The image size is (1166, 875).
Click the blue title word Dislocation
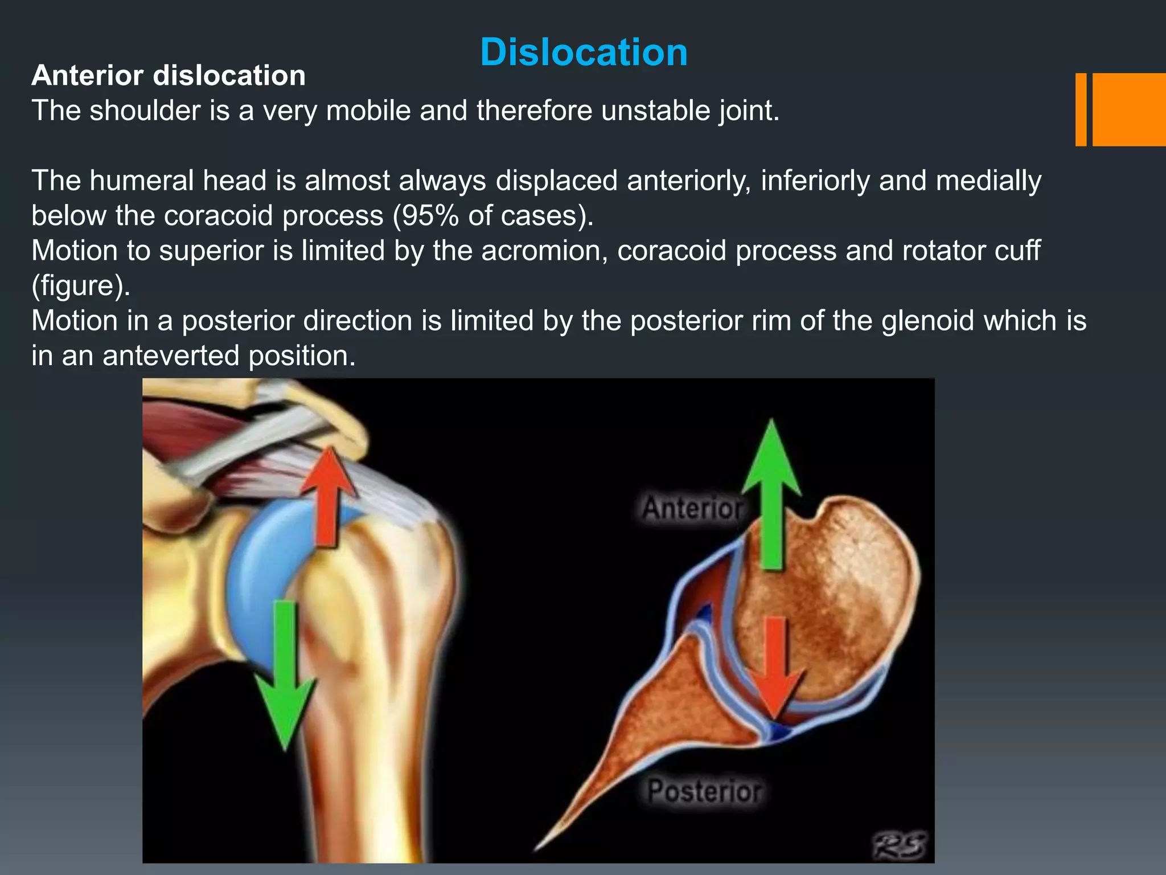tap(584, 52)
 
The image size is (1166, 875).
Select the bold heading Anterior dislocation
tap(169, 76)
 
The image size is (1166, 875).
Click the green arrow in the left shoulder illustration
tap(285, 672)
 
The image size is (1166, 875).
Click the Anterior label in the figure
tap(692, 508)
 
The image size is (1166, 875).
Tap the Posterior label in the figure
tap(704, 792)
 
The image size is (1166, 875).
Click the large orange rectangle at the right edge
tap(1129, 109)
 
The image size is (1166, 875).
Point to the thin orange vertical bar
tap(1081, 109)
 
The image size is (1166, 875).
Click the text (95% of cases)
tap(493, 216)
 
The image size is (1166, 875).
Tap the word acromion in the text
tap(544, 251)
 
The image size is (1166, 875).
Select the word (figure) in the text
tap(80, 286)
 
